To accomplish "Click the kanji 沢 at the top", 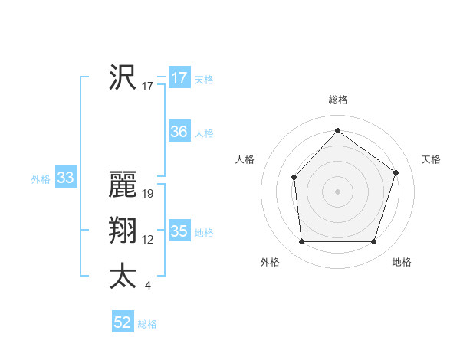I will pos(123,77).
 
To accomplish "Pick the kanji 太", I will pos(123,276).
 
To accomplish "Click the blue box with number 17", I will pos(179,78).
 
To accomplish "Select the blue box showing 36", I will pos(179,132).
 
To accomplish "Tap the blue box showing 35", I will pos(179,231).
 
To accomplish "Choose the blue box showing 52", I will pos(123,322).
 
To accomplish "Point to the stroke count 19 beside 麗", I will pos(148,194).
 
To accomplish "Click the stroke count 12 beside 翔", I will pos(148,240).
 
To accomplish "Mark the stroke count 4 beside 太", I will pos(147,286).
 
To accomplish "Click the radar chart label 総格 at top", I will pos(337,100).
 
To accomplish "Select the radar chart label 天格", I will pos(431,159).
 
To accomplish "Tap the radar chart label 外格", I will pos(270,262).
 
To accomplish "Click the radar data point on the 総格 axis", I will pos(337,130).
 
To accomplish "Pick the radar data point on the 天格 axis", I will pos(396,172).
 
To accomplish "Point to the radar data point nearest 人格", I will pos(294,178).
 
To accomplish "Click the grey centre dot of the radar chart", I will pos(337,191).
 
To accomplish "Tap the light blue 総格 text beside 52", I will pos(147,324).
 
